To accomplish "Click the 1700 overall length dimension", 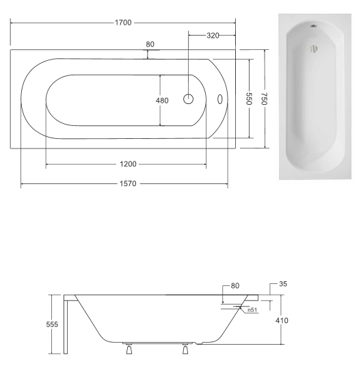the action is pyautogui.click(x=123, y=23).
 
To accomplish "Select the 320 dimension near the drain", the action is pyautogui.click(x=213, y=36).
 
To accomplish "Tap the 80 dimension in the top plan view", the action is pyautogui.click(x=150, y=44).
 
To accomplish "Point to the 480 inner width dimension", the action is pyautogui.click(x=162, y=101).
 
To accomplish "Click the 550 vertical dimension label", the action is pyautogui.click(x=250, y=99).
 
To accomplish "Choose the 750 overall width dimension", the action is pyautogui.click(x=264, y=99).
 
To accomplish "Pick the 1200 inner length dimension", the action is pyautogui.click(x=128, y=164).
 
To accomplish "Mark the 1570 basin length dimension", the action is pyautogui.click(x=128, y=183).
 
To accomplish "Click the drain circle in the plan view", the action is pyautogui.click(x=188, y=99).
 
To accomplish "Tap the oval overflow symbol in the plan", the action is pyautogui.click(x=220, y=99).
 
